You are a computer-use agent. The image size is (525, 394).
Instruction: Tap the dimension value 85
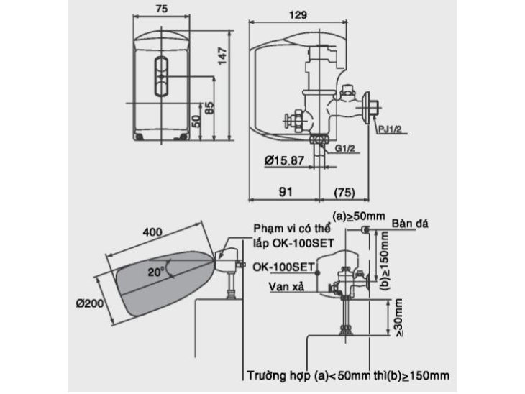[x=209, y=109]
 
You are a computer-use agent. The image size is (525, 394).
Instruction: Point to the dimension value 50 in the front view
[x=195, y=119]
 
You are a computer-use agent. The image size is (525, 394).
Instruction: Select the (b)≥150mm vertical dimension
[x=384, y=257]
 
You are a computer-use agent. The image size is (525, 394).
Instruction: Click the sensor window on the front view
[x=161, y=75]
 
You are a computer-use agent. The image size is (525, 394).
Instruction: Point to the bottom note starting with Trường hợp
[x=348, y=376]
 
